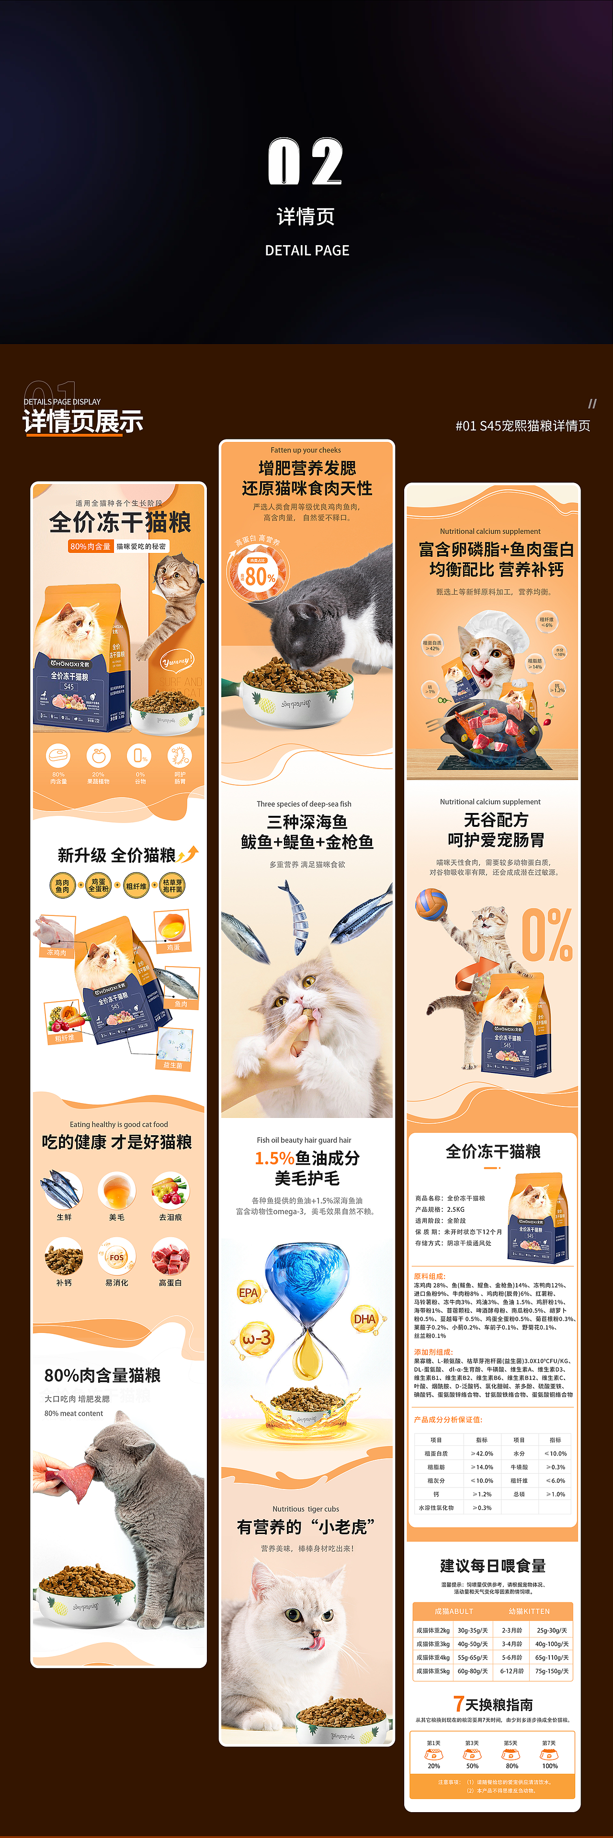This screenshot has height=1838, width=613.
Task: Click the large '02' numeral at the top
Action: click(306, 161)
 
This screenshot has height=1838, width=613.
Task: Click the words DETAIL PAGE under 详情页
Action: click(307, 250)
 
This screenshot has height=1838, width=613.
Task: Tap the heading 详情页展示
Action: click(83, 421)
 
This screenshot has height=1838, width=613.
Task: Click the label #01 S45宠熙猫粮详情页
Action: click(522, 426)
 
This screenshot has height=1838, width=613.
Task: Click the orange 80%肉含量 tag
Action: click(90, 547)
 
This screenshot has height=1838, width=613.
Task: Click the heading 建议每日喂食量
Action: click(492, 1566)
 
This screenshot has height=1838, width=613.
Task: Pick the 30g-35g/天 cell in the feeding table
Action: click(472, 1630)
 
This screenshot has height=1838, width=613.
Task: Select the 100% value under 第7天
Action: click(549, 1766)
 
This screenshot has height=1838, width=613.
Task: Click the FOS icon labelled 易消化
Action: click(117, 1258)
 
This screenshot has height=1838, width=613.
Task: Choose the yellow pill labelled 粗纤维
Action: click(136, 886)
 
